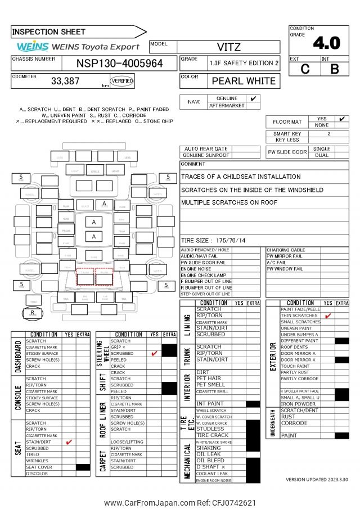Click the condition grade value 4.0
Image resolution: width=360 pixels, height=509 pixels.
327,43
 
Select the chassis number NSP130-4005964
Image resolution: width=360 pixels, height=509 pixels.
119,63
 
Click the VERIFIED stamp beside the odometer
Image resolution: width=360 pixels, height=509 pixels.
122,81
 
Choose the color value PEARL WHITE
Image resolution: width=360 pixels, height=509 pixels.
244,81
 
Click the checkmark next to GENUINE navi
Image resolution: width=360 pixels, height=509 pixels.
254,98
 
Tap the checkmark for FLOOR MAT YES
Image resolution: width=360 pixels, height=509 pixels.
341,119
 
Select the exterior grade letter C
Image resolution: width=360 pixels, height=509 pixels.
305,69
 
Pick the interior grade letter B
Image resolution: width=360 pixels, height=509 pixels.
334,69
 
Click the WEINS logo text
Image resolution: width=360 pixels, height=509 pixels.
33,47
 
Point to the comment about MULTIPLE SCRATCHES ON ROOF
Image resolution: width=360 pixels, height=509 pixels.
229,202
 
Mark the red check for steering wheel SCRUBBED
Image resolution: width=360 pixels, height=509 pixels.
154,354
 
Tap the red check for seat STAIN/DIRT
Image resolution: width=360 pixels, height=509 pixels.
69,442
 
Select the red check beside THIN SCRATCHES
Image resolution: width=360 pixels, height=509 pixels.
328,316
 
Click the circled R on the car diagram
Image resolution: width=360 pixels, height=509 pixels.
33,313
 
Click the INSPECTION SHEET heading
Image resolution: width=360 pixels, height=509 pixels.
49,32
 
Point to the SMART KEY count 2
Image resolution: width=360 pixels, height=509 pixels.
329,134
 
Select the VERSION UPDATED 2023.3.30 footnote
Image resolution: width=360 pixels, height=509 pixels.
317,480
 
